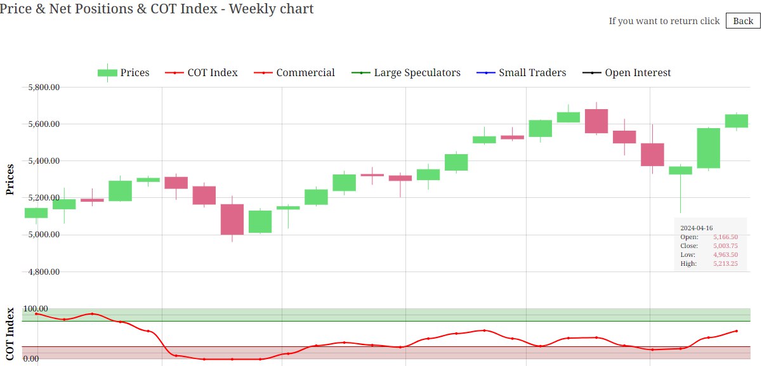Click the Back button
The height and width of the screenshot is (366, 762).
pos(742,21)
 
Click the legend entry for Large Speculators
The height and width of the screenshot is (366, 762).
pos(417,73)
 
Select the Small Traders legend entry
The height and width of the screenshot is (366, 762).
pos(532,73)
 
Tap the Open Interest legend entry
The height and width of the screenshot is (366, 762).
pos(637,73)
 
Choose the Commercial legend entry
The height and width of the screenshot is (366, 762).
pos(305,73)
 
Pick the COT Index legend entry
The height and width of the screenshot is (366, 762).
pos(212,73)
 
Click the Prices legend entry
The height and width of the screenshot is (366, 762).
pos(135,73)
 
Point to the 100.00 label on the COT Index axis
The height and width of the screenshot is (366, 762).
pos(36,309)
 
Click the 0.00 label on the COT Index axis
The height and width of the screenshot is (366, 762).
pos(31,359)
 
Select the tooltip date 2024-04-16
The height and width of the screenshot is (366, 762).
pos(697,228)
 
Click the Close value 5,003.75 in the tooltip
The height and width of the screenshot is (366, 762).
pos(725,245)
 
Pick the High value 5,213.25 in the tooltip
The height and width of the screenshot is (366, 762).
pos(725,263)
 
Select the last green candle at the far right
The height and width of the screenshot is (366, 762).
pos(737,121)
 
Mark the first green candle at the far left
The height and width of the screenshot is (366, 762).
pos(36,213)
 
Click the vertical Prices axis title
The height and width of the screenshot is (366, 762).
pos(10,179)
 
